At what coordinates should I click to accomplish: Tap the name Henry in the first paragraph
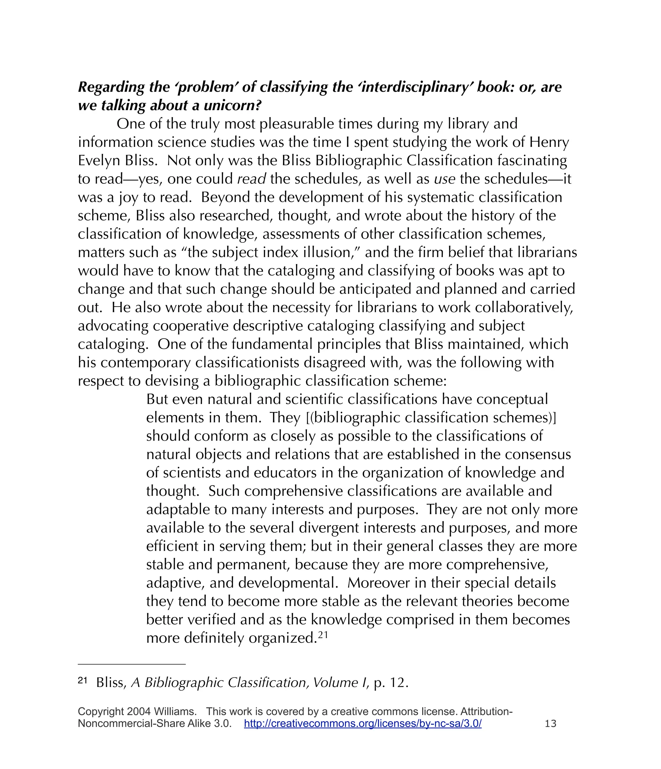pos(549,142)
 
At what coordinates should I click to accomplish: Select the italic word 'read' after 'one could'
pos(251,179)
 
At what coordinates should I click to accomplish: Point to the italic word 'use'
pos(444,179)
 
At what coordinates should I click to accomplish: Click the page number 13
pos(550,723)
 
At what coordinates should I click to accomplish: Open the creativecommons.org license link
pos(362,723)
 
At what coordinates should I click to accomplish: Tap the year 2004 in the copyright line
pos(138,712)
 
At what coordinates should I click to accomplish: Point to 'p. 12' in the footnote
pos(391,683)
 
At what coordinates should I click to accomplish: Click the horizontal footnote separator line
pos(131,664)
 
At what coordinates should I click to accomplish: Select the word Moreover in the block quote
pos(378,583)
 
